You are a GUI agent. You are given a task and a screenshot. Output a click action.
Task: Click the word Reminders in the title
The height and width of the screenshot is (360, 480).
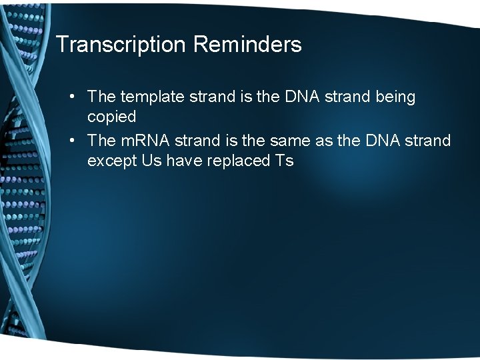[247, 45]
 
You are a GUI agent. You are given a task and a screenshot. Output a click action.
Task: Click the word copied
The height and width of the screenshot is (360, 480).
[111, 117]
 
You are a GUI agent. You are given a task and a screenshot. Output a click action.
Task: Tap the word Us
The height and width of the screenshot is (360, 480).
[152, 161]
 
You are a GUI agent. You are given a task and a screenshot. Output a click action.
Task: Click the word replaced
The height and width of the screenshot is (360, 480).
[237, 161]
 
